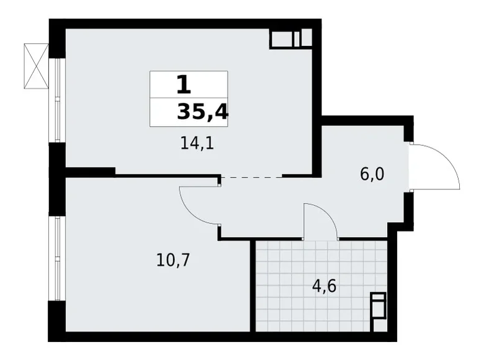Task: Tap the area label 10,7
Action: pos(173,259)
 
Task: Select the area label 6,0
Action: pos(372,174)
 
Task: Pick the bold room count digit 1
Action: pos(183,84)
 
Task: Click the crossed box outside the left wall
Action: pos(36,65)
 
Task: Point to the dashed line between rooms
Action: pos(251,177)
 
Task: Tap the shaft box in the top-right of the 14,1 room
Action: pos(290,38)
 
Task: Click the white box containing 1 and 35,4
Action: pos(189,99)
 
